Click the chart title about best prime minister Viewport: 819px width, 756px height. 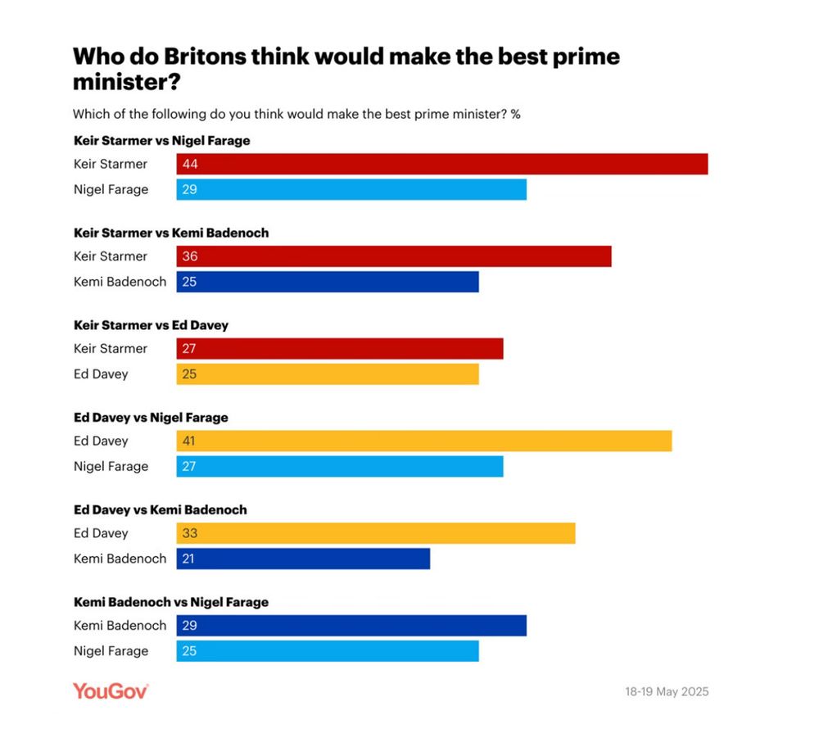point(346,69)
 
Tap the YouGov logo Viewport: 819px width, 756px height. point(111,690)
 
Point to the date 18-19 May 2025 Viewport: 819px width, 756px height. point(667,691)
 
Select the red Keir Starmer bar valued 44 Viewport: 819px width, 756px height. point(442,164)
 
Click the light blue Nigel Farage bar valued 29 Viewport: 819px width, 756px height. point(351,189)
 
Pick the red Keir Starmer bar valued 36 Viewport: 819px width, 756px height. point(394,256)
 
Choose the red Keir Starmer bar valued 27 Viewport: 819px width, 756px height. point(340,348)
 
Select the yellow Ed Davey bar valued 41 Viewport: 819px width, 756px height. point(424,441)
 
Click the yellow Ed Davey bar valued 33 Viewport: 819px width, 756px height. point(376,533)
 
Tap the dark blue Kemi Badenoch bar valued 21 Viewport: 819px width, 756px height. point(303,559)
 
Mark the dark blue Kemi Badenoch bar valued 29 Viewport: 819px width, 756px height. point(351,625)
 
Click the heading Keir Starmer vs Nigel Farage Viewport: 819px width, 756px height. point(161,141)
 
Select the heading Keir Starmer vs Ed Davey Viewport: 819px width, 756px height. point(151,325)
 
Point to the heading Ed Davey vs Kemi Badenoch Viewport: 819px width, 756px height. point(160,509)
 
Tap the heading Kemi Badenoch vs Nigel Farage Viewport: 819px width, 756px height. point(170,602)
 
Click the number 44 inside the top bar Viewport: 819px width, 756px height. point(191,164)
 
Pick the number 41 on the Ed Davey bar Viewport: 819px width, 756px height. point(190,441)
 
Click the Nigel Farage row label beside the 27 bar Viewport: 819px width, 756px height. point(111,466)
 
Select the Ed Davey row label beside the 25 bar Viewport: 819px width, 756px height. point(101,374)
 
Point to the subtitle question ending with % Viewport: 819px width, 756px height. point(296,114)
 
